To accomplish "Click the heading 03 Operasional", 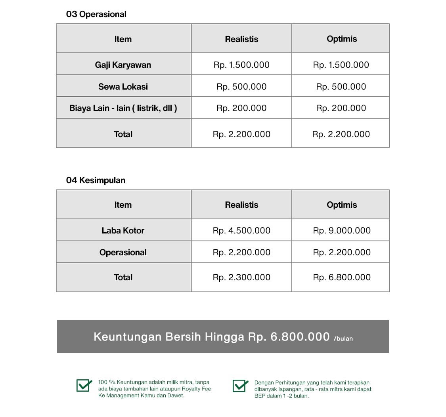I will [96, 14].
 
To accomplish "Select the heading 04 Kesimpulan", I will [96, 180].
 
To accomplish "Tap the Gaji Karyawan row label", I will [123, 65].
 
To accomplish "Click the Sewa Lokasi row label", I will [123, 86].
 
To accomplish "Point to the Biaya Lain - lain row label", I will [123, 108].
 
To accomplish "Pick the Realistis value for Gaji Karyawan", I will [241, 65].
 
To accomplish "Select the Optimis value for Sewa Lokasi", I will [341, 86].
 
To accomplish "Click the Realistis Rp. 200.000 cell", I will [241, 108].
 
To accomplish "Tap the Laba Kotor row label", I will [123, 230].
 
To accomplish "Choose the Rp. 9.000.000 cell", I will [342, 230].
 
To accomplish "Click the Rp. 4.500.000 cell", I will [241, 230].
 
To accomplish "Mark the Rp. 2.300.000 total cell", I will [241, 277].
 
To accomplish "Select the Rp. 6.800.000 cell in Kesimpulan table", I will [342, 277].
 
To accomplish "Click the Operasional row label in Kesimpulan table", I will [123, 252].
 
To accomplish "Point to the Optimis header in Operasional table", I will [342, 39].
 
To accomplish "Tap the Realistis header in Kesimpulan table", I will [241, 205].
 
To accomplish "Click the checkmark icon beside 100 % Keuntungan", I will [84, 385].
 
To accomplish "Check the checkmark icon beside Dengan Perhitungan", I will [240, 385].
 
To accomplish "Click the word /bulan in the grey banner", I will [343, 339].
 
